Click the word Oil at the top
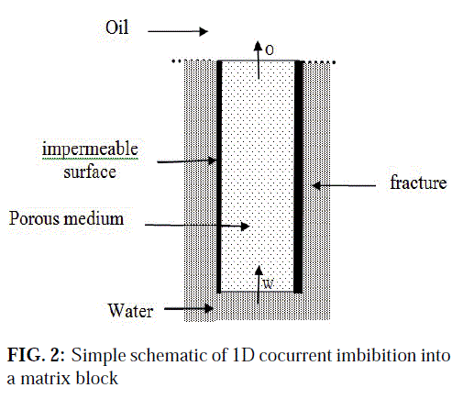(116, 28)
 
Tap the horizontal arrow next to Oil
(178, 31)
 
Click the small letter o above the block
(270, 50)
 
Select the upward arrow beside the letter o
(259, 61)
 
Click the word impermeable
(90, 150)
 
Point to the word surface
(90, 172)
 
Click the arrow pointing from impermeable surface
(187, 161)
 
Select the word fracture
(418, 183)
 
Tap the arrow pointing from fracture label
(344, 185)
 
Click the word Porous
(34, 218)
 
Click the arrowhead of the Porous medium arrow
(245, 227)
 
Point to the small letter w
(268, 284)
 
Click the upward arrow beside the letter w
(259, 284)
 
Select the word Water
(130, 311)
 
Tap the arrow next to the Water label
(189, 308)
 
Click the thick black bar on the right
(298, 177)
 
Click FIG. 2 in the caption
(36, 355)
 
